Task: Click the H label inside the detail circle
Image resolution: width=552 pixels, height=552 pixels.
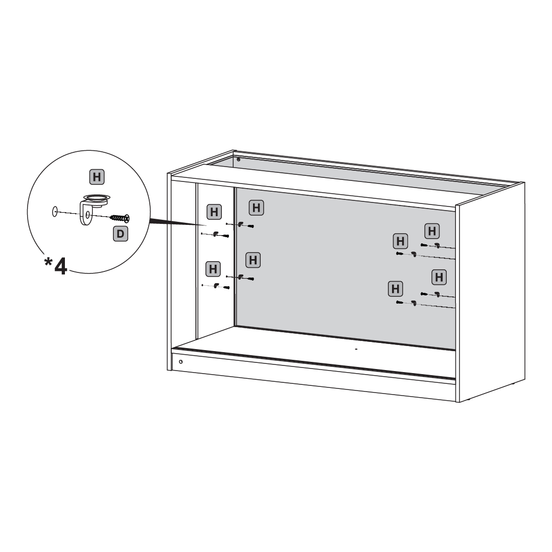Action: click(x=97, y=177)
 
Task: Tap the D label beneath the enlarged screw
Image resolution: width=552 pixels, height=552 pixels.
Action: click(x=121, y=234)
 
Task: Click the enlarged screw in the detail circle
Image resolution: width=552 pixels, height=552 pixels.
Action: click(x=120, y=218)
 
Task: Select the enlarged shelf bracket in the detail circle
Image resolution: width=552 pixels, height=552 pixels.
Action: click(x=91, y=209)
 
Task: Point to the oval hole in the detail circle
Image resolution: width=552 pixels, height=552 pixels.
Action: click(x=55, y=212)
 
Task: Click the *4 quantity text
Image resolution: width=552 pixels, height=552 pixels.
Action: click(x=56, y=266)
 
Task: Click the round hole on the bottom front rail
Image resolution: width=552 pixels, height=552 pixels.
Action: click(x=180, y=361)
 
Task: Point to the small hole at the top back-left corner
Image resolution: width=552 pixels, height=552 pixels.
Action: click(x=238, y=159)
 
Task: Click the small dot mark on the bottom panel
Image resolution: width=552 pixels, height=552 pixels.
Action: click(x=356, y=349)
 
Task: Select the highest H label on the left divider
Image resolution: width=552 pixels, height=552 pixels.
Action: click(x=256, y=208)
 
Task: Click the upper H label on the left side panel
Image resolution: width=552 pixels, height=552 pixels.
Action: click(x=214, y=212)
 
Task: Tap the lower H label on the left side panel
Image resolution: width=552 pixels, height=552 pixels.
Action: click(x=213, y=269)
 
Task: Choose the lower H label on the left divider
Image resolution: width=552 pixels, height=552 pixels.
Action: click(x=253, y=260)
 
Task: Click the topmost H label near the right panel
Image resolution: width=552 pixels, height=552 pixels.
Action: click(x=432, y=231)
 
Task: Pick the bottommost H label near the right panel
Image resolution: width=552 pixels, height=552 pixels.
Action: click(x=395, y=289)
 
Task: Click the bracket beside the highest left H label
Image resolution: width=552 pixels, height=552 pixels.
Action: click(x=240, y=224)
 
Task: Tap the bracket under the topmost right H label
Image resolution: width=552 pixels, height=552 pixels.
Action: click(x=437, y=245)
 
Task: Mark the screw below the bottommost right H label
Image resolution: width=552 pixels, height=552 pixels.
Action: click(x=400, y=302)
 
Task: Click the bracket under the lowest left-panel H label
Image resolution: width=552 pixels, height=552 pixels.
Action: click(x=216, y=285)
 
